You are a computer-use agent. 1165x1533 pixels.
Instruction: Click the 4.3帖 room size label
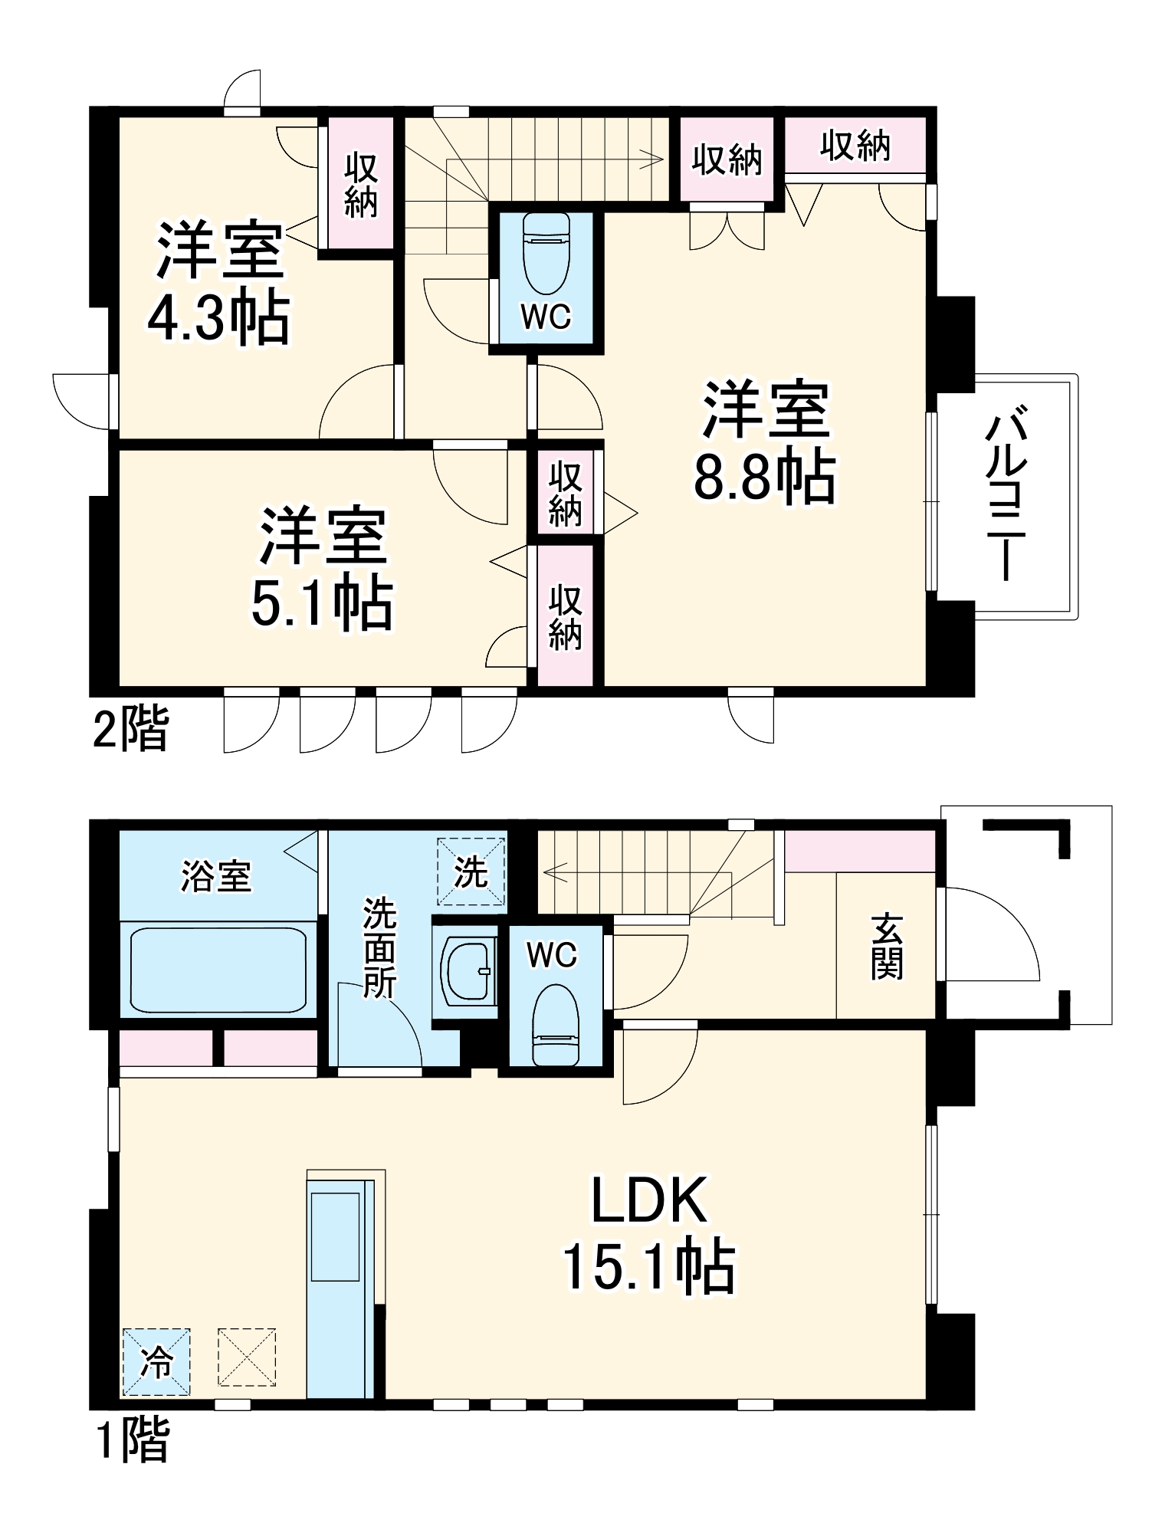(218, 317)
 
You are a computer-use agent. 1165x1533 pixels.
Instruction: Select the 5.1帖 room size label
(322, 603)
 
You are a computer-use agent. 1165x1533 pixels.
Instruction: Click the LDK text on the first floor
(649, 1201)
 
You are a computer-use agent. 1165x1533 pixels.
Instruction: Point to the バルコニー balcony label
(1009, 497)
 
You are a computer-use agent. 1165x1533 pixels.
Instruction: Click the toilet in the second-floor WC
(546, 252)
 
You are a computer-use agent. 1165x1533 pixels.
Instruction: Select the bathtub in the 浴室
(219, 970)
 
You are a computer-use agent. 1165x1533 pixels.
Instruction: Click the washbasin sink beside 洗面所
(468, 971)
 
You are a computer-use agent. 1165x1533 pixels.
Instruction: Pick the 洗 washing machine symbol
(471, 872)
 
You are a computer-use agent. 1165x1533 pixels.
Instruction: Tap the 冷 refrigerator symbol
(156, 1362)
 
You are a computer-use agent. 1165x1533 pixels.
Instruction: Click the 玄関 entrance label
(887, 945)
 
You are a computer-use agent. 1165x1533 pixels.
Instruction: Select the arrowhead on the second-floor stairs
(654, 160)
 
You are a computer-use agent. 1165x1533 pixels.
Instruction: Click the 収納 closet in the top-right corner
(855, 144)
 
